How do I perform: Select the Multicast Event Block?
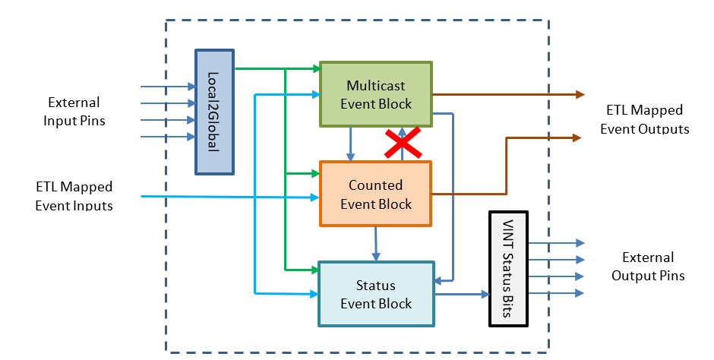coord(376,93)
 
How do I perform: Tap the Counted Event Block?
coord(376,194)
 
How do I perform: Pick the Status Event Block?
coord(376,294)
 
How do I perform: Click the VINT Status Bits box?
coord(507,268)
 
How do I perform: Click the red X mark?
coord(403,142)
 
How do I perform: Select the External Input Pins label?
coord(74,111)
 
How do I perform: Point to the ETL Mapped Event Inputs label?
coord(74,195)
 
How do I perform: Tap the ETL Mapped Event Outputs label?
coord(644,119)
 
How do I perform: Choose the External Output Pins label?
coord(648,267)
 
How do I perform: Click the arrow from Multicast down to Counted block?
coord(350,144)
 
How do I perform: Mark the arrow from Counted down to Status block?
coord(376,244)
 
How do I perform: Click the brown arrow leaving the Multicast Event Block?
coord(509,94)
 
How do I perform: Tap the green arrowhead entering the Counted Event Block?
coord(314,174)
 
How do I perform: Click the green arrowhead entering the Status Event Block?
coord(312,269)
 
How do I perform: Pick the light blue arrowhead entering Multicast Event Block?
coord(314,95)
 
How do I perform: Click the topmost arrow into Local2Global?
coord(167,87)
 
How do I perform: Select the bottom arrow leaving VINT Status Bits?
coord(556,293)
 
